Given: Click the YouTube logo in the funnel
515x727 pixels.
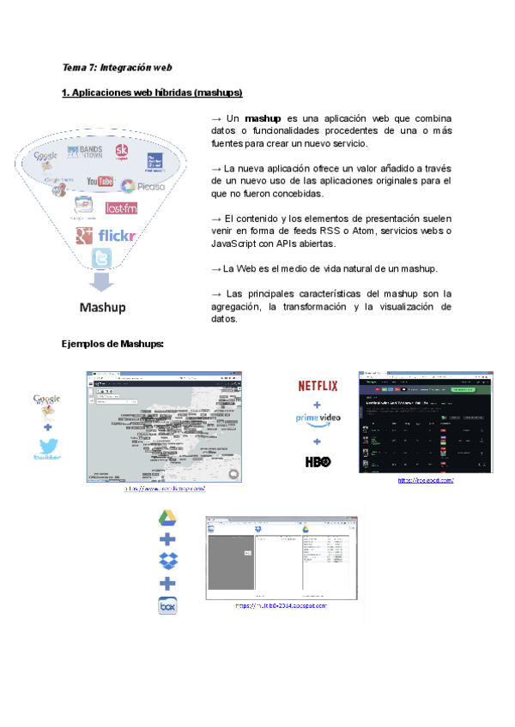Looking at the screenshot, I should [100, 182].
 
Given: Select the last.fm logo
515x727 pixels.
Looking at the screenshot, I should [121, 207].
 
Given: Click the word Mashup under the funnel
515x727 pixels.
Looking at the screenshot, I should [103, 307].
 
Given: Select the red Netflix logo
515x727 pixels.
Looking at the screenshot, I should [317, 386].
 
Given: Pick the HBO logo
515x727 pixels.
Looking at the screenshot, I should [317, 462].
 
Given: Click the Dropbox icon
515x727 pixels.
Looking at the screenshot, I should [167, 562].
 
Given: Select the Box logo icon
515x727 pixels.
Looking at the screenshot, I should [167, 606].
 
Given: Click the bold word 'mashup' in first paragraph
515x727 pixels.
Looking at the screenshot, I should [263, 117].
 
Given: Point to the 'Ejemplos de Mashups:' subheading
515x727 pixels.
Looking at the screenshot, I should [112, 345].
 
